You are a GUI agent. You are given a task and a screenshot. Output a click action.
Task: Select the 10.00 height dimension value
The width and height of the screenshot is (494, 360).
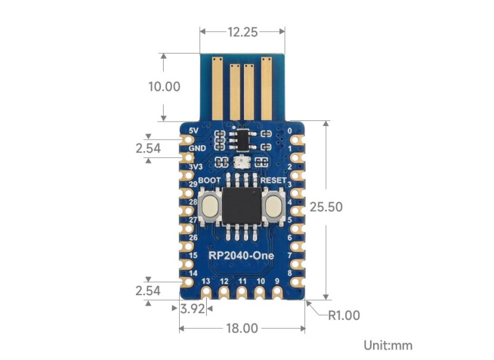[x=164, y=86]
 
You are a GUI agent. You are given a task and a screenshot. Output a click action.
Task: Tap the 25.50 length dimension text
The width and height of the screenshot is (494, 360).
[x=343, y=206]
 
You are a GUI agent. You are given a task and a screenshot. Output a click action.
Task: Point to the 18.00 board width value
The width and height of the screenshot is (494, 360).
[x=241, y=329]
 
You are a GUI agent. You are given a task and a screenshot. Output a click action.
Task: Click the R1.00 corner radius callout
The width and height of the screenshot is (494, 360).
[x=343, y=316]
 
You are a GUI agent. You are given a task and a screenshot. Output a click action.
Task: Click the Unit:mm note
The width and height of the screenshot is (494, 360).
[x=387, y=346]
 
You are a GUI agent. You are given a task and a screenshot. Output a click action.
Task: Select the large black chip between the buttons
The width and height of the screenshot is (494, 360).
[x=241, y=206]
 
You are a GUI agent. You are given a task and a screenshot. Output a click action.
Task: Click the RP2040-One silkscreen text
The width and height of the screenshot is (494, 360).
[x=241, y=256]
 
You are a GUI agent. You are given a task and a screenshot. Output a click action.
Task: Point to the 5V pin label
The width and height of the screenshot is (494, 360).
[x=194, y=131]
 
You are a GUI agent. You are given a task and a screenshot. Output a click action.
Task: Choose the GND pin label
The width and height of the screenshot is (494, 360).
[x=197, y=149]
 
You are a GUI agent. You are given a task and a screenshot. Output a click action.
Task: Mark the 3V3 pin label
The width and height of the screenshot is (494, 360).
[x=196, y=167]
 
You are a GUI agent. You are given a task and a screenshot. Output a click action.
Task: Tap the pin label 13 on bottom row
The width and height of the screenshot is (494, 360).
[x=206, y=281]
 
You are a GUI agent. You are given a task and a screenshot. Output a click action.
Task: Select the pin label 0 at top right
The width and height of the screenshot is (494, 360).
[x=289, y=131]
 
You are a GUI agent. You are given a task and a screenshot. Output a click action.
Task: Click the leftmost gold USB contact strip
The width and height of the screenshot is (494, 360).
[x=217, y=88]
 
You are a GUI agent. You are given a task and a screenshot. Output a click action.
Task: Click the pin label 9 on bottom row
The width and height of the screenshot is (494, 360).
[x=277, y=281]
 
